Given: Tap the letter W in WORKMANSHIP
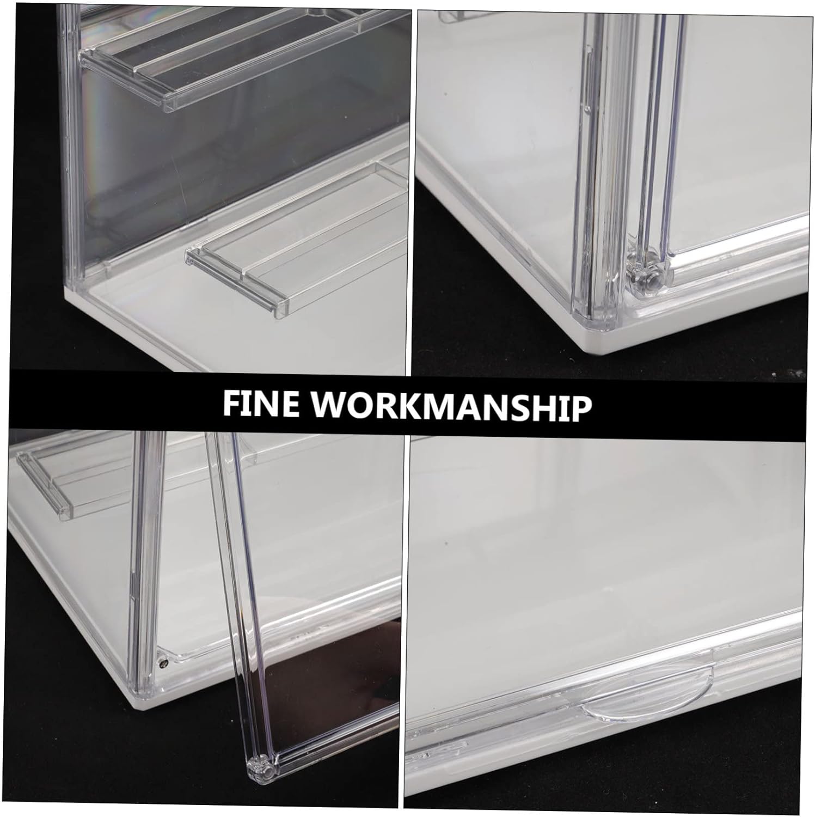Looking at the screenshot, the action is (332, 404).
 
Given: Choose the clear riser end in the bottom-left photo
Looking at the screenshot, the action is (46, 485).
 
